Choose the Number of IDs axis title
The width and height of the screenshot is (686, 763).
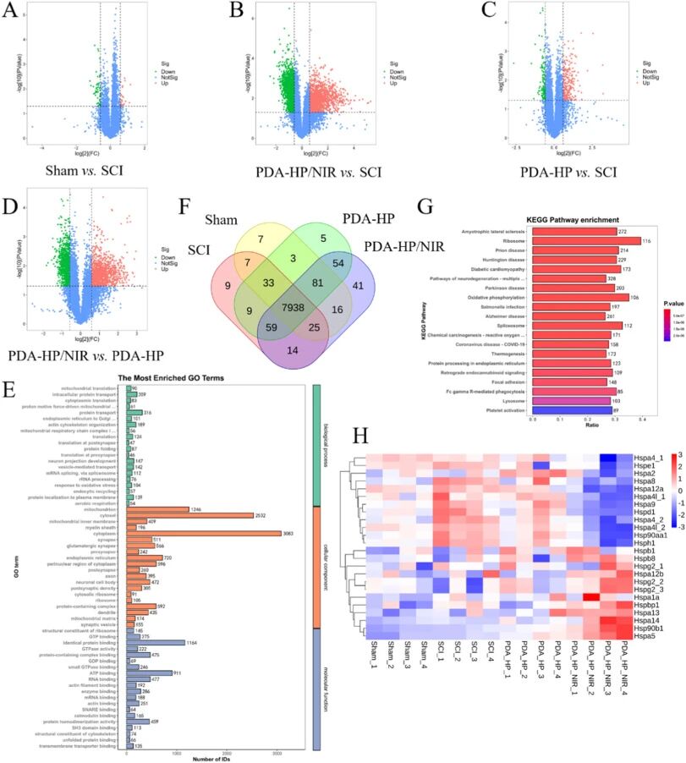pyautogui.click(x=202, y=755)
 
